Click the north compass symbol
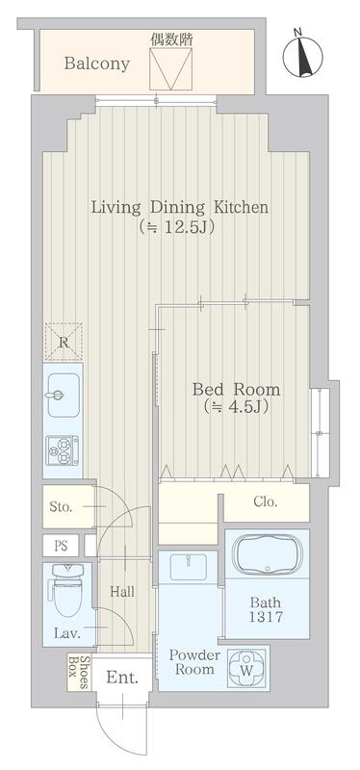click(x=303, y=55)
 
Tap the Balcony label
click(x=97, y=64)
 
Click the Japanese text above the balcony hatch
click(x=170, y=40)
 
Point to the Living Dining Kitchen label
click(x=180, y=207)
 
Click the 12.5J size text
click(x=177, y=228)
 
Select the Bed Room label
click(x=236, y=390)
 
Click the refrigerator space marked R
click(x=64, y=342)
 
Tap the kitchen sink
click(x=63, y=395)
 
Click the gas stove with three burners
click(x=63, y=450)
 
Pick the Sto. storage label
click(x=61, y=507)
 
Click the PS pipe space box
click(x=61, y=546)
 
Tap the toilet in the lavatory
click(x=68, y=590)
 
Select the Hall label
click(x=122, y=592)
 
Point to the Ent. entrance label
click(x=122, y=679)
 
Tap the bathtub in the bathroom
click(x=268, y=554)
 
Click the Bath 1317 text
click(x=266, y=609)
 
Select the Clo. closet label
click(x=266, y=501)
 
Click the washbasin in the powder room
click(x=188, y=568)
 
